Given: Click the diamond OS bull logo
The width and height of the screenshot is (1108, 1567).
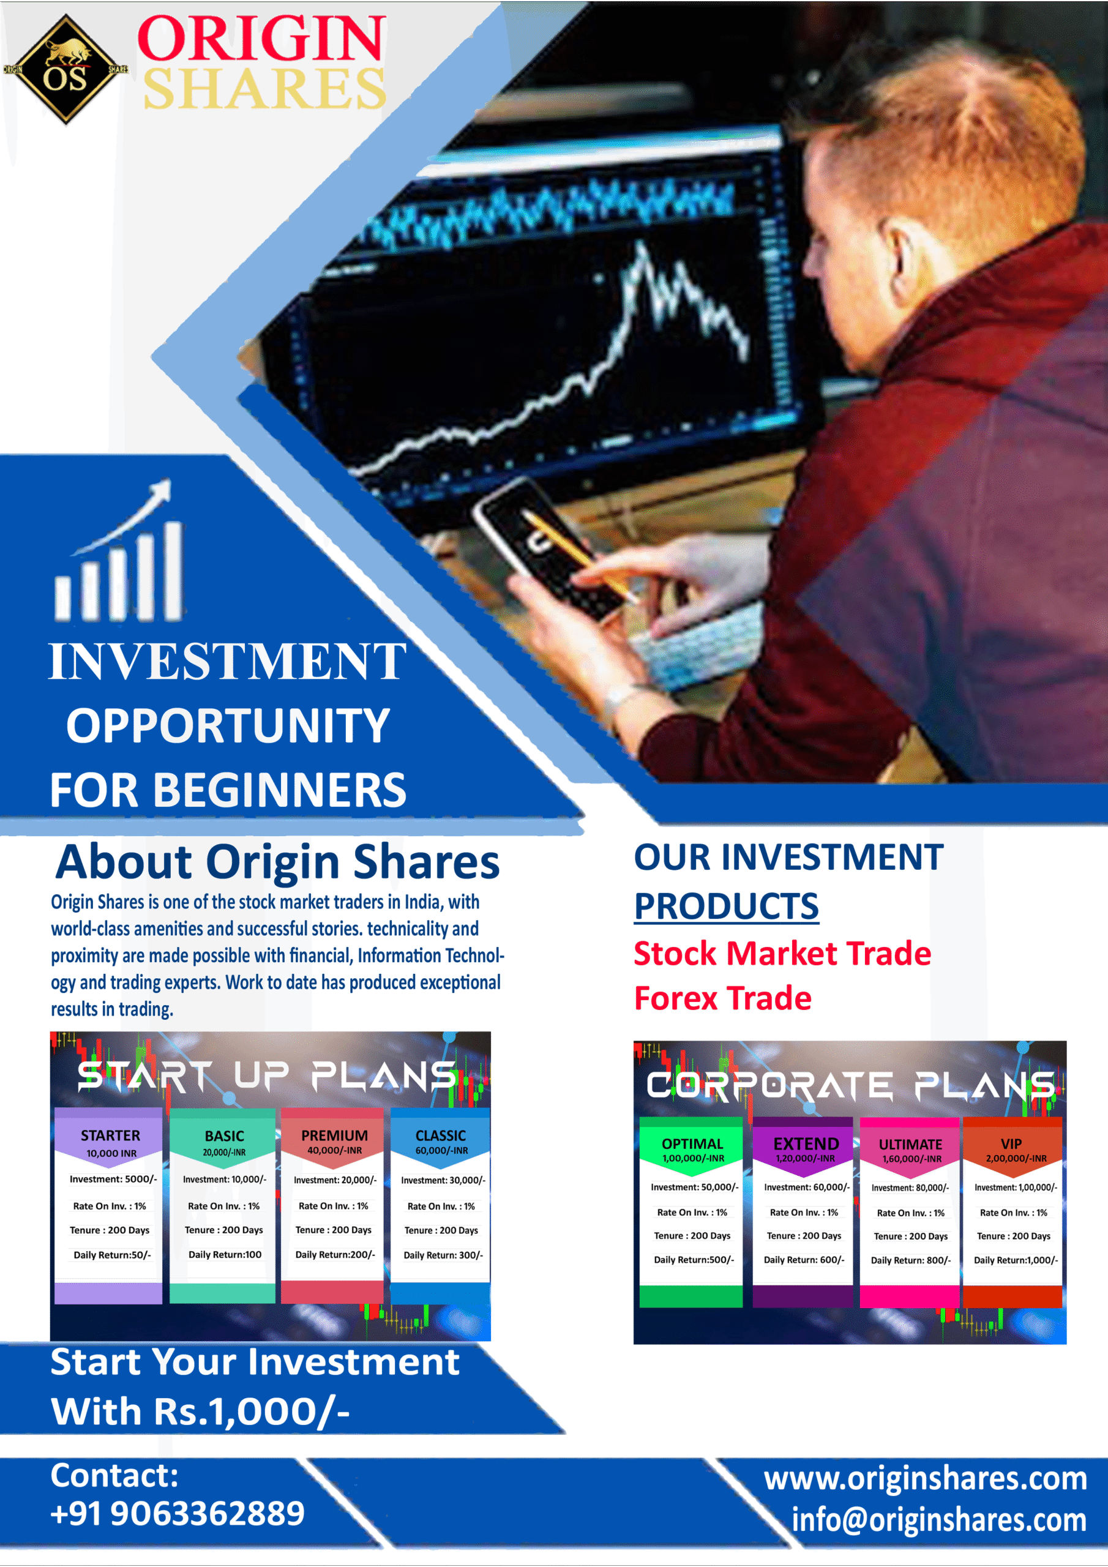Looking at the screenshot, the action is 66,70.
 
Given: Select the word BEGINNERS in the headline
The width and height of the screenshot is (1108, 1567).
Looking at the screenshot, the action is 279,790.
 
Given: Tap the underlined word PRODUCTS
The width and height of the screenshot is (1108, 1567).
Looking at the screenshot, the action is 727,906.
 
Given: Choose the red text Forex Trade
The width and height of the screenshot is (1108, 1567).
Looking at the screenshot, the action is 723,998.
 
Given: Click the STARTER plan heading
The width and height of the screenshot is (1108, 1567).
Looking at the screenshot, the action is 111,1135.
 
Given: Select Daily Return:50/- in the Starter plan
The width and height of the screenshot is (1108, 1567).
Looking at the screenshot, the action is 112,1255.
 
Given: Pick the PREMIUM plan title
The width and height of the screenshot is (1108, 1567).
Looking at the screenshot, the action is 334,1135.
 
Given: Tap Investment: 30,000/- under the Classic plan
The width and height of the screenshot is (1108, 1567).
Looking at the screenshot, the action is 443,1180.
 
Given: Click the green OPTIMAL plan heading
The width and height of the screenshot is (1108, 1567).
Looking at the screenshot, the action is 692,1144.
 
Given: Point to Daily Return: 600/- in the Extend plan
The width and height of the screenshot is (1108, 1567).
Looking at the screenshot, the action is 804,1260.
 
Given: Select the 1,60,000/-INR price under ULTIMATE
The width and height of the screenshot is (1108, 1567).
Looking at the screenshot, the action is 911,1159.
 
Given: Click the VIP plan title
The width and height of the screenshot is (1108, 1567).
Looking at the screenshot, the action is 1011,1144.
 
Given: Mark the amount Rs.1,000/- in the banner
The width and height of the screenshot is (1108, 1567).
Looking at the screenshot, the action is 251,1412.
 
